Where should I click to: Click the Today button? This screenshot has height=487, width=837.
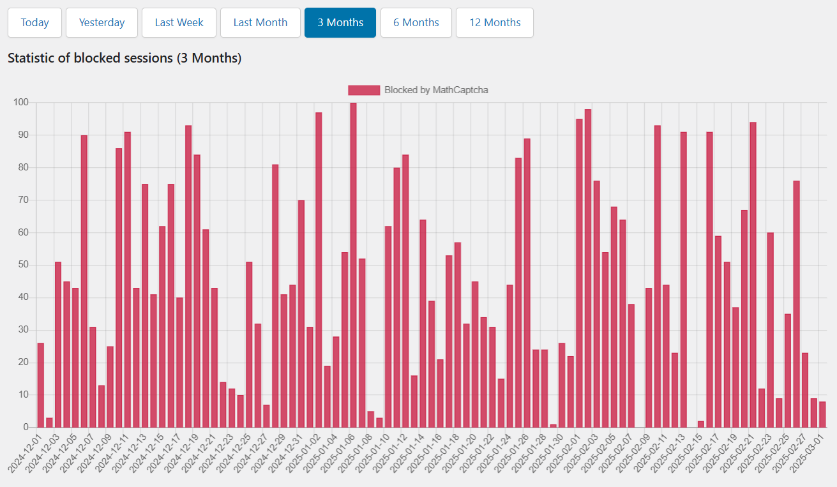coord(34,23)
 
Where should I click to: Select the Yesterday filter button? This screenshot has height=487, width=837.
coord(102,23)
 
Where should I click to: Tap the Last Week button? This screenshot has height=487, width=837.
coord(179,23)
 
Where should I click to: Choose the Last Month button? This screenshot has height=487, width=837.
coord(260,23)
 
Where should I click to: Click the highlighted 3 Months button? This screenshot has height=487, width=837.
coord(340,23)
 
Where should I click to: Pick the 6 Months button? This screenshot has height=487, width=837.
coord(416,23)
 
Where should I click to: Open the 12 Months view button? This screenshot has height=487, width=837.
coord(495,23)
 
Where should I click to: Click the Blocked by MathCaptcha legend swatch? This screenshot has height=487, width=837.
coord(364,90)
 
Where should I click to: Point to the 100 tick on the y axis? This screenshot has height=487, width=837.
coord(21,102)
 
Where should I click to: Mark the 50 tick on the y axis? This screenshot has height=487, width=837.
coord(23,265)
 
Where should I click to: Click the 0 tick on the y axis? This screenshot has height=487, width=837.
coord(26,427)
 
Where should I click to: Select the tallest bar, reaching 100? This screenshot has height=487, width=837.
coord(353,265)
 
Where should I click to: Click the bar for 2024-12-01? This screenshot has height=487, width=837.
coord(41,385)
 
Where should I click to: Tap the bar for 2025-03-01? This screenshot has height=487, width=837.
coord(822,414)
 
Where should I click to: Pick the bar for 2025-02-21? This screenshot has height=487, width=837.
coord(753,274)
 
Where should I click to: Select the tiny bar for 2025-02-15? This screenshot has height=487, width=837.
coord(701,424)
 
